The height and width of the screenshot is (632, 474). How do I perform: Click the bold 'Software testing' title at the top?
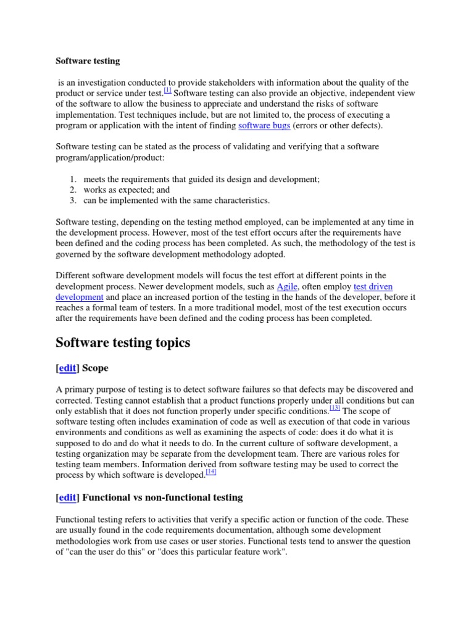pos(88,61)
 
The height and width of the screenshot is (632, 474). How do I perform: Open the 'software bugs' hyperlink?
pos(263,126)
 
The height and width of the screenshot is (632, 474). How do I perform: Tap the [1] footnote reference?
pos(167,90)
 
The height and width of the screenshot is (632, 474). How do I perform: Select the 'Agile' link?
pos(286,286)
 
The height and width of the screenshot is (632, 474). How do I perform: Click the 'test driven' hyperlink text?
pos(373,286)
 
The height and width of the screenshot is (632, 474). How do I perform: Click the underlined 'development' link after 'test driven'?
pos(80,297)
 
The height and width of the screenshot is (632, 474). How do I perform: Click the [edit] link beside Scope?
pos(68,368)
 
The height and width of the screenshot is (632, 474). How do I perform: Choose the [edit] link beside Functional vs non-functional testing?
pos(68,497)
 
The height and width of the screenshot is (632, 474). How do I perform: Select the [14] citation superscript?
pos(210,473)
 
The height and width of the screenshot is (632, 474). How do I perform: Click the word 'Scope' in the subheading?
pos(95,368)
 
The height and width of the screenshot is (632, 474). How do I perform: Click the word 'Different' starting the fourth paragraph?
pos(73,275)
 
